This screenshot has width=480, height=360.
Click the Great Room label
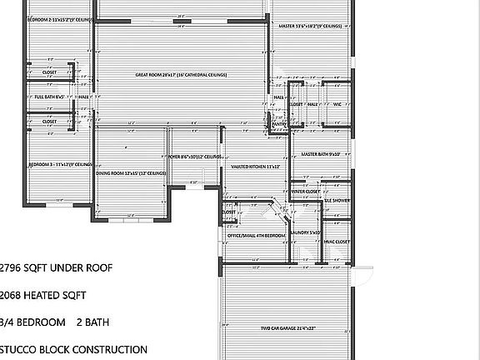pyautogui.click(x=181, y=75)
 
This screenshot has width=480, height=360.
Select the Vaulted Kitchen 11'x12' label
pyautogui.click(x=255, y=167)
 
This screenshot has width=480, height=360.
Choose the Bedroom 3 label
pyautogui.click(x=60, y=165)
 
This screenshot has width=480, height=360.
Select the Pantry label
pyautogui.click(x=279, y=124)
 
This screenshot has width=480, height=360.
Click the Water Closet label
pyautogui.click(x=306, y=192)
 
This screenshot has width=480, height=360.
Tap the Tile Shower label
pyautogui.click(x=337, y=201)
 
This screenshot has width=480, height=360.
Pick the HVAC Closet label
pyautogui.click(x=337, y=242)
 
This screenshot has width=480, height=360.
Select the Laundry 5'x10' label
pyautogui.click(x=305, y=232)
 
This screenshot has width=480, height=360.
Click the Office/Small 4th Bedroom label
pyautogui.click(x=256, y=236)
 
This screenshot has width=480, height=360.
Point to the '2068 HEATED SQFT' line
pyautogui.click(x=42, y=295)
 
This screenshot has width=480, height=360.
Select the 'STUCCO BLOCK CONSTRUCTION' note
pyautogui.click(x=73, y=350)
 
